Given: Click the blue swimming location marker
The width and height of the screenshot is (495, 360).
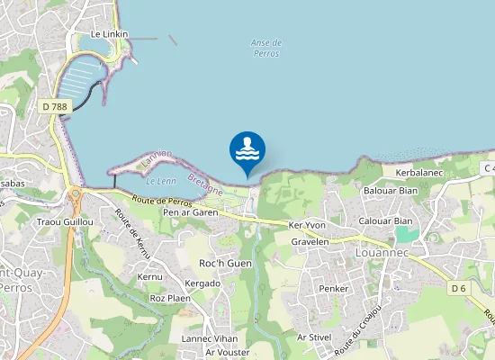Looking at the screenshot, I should click(x=247, y=150).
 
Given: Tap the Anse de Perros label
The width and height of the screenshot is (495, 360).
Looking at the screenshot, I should click(x=266, y=48).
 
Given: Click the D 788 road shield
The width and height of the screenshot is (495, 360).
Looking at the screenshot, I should click(x=55, y=106).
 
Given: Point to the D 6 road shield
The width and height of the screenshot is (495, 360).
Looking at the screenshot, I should click(x=459, y=288).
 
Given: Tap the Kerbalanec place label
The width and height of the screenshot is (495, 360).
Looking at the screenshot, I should click(x=413, y=171).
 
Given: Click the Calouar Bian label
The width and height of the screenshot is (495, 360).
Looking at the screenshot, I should click(x=385, y=220).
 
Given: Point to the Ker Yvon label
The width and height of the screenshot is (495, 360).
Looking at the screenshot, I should click(x=306, y=224).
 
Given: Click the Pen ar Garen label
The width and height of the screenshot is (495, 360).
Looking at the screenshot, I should click(x=192, y=212).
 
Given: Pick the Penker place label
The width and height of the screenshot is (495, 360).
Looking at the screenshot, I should click(x=334, y=288).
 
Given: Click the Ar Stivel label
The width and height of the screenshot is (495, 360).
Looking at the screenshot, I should click(x=314, y=337).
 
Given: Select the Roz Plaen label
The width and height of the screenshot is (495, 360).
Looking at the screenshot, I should click(x=170, y=298).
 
